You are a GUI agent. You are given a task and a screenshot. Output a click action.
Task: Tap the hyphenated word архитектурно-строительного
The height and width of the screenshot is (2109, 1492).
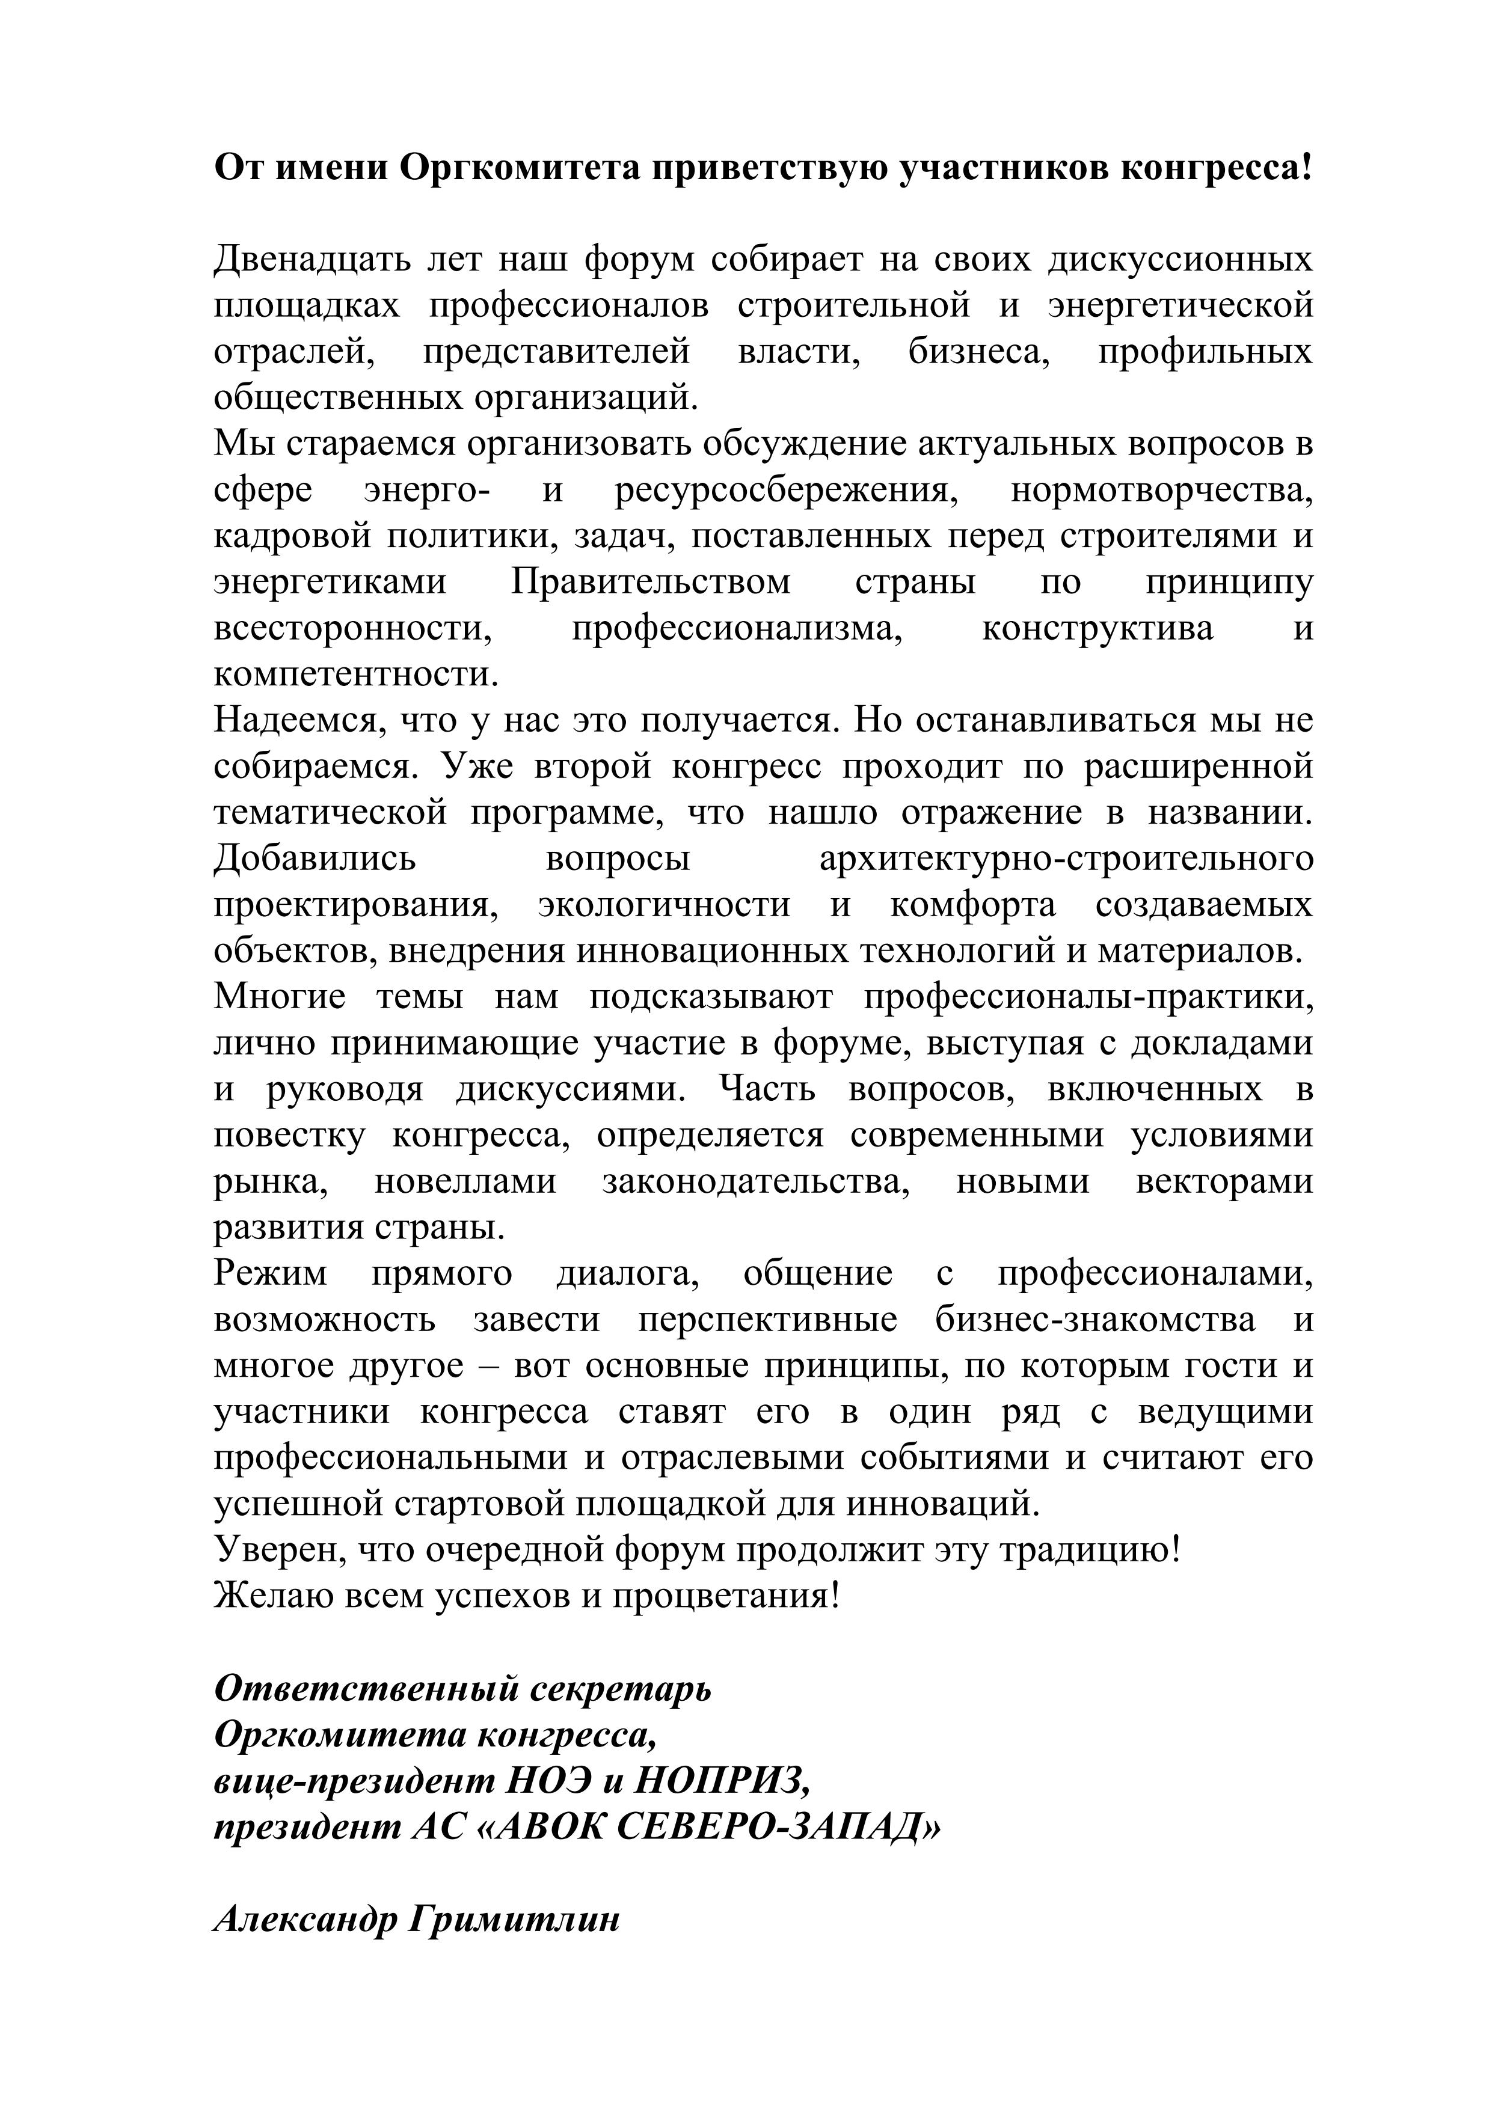(1066, 859)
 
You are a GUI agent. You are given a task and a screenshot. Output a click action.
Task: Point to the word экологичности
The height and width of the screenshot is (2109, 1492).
(665, 905)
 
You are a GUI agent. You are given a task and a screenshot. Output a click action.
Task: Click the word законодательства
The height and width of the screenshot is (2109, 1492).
(756, 1181)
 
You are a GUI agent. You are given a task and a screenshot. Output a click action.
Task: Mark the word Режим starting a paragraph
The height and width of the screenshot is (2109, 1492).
(270, 1274)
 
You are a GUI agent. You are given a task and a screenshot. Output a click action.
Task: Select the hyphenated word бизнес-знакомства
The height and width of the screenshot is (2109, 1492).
(1095, 1320)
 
